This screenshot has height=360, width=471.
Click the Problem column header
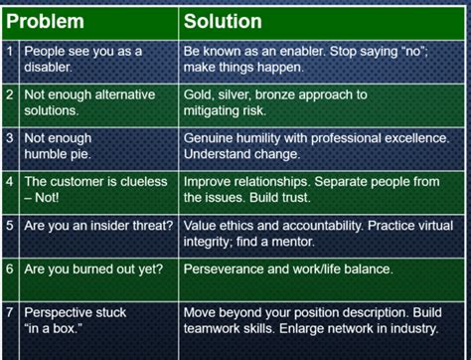47,21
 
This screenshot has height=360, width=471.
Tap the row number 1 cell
10,50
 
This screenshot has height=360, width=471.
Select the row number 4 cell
10,182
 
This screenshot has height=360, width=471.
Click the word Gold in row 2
200,94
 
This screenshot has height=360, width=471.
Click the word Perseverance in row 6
225,270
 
